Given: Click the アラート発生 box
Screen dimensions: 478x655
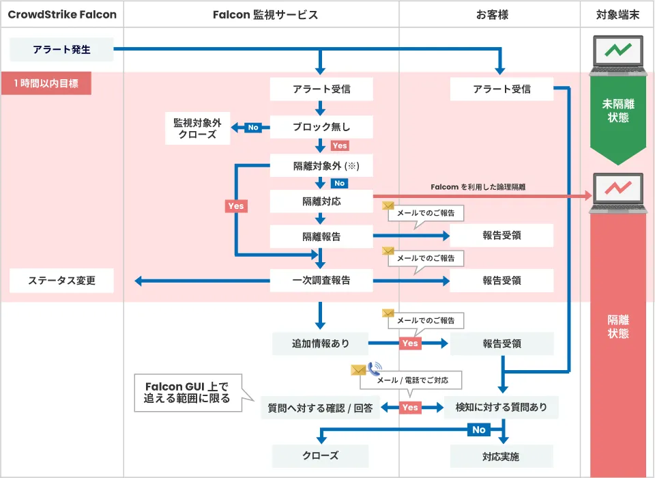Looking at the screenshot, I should (61, 49).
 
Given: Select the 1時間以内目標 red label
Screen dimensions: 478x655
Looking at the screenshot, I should (46, 85).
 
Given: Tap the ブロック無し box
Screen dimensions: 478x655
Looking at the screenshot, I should (321, 127).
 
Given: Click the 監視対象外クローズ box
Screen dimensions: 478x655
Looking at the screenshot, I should (197, 128).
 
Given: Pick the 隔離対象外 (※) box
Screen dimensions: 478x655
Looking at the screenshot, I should (321, 166).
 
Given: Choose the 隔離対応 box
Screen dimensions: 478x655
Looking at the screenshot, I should (321, 201).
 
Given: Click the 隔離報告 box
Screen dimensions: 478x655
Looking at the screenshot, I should (321, 237).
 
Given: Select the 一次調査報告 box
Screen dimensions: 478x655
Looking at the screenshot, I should (321, 280).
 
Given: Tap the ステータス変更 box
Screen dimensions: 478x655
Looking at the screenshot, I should (62, 280).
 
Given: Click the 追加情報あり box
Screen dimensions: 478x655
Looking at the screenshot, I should (321, 343).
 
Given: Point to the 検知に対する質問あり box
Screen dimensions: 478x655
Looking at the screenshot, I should (501, 408).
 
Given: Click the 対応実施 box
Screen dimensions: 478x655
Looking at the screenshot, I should (501, 456).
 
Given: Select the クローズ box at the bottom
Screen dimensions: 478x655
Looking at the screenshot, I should (321, 455).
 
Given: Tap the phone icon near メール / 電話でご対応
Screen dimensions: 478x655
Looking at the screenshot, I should (375, 369).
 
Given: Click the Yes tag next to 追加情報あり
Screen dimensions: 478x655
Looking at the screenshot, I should (410, 343).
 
